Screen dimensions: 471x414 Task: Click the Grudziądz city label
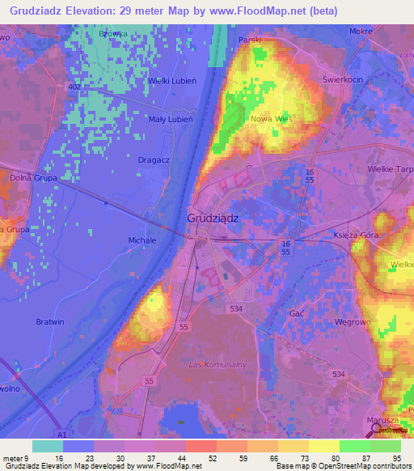click(x=213, y=218)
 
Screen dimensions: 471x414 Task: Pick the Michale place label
click(x=142, y=240)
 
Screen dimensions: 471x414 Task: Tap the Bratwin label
click(x=49, y=321)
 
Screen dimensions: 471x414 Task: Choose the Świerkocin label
click(x=340, y=81)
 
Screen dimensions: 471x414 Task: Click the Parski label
click(x=249, y=39)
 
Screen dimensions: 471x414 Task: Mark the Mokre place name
click(x=361, y=31)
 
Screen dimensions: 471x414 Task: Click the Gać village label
click(x=295, y=312)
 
